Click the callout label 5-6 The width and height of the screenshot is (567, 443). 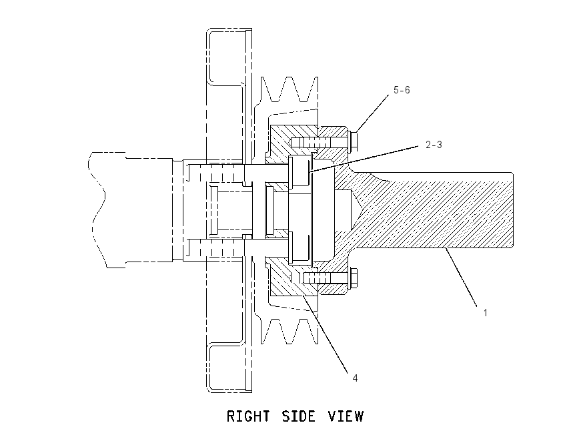402,90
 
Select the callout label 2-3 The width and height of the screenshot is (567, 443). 434,145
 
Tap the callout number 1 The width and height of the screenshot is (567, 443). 485,312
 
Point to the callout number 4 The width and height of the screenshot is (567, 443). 355,378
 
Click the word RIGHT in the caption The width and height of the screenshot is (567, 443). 248,416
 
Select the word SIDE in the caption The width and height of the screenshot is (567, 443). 298,416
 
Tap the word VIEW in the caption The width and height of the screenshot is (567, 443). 346,416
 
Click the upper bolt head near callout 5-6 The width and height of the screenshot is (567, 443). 354,141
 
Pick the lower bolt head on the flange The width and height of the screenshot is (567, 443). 354,278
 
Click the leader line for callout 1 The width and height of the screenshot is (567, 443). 463,278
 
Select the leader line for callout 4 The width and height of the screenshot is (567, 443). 326,334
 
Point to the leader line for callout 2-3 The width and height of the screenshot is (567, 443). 364,158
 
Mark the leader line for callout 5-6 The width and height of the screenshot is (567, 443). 373,113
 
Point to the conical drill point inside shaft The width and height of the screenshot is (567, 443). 356,210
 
